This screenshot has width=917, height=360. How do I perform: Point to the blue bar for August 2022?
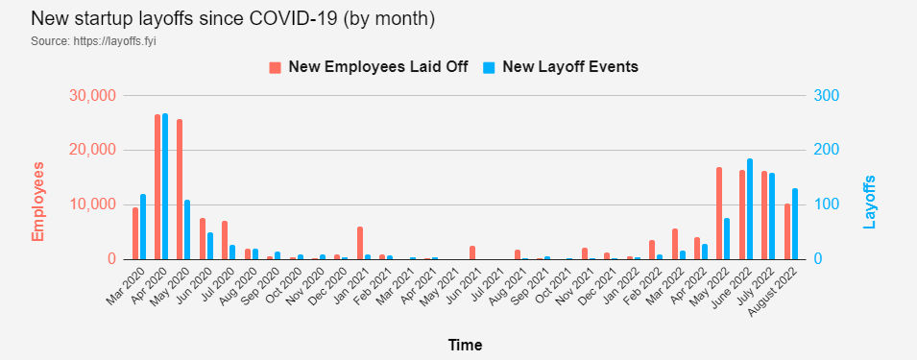pyautogui.click(x=795, y=224)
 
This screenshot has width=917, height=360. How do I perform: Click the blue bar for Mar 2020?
pyautogui.click(x=143, y=227)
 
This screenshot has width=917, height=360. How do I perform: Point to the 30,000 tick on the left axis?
pyautogui.click(x=93, y=96)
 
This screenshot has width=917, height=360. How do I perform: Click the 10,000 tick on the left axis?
pyautogui.click(x=93, y=204)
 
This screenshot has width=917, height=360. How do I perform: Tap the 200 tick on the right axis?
pyautogui.click(x=827, y=151)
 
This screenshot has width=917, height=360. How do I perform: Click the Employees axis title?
pyautogui.click(x=39, y=202)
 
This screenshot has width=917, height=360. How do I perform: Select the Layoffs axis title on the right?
pyautogui.click(x=871, y=202)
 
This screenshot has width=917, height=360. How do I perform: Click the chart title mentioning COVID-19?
pyautogui.click(x=220, y=18)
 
